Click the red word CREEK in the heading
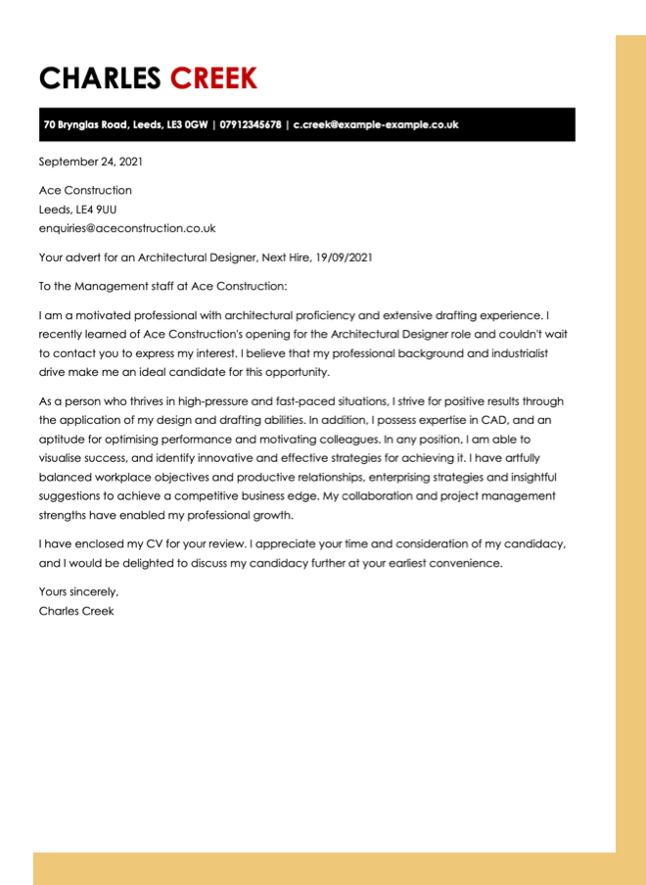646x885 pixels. point(213,78)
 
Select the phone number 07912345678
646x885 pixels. point(251,125)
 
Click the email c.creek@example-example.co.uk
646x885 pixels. point(376,125)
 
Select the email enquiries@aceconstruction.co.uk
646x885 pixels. point(127,228)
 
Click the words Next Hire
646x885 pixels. point(285,257)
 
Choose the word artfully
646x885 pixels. point(537,458)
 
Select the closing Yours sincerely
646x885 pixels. point(78,591)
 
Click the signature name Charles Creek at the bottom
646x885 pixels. point(76,611)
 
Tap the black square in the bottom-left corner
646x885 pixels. point(16,868)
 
